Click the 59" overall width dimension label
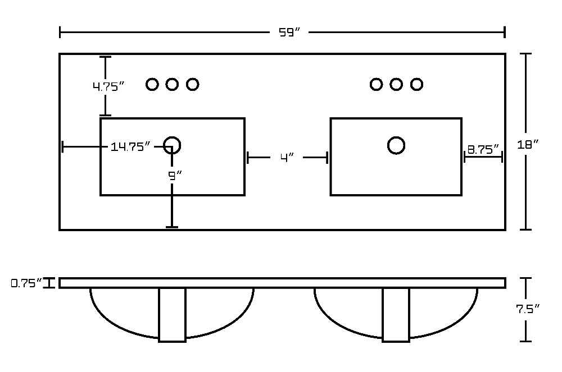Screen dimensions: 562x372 289,33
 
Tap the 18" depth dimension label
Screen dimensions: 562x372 528,145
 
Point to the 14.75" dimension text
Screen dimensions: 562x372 130,146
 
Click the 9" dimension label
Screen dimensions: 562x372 175,176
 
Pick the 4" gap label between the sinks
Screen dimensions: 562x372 287,158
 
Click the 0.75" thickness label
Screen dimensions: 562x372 27,283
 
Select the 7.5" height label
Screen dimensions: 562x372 528,309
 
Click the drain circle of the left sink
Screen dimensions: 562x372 172,137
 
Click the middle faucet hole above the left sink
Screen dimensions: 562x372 172,78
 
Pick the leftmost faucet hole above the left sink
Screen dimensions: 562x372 152,78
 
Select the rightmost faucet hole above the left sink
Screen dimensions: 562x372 192,78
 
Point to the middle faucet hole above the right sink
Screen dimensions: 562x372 396,78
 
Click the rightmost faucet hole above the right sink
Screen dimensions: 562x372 416,78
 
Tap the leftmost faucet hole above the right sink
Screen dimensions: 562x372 376,78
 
